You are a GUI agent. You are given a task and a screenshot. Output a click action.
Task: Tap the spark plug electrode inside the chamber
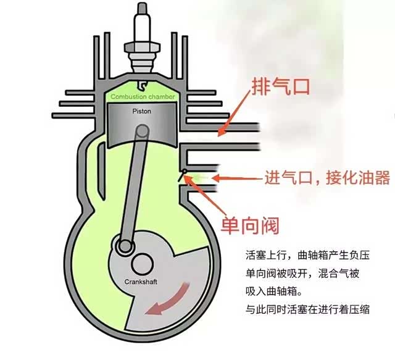142,85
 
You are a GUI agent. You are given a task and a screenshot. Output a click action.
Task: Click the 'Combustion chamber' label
143,97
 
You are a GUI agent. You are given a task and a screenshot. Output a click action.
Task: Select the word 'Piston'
142,111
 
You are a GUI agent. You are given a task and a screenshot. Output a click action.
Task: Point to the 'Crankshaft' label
141,282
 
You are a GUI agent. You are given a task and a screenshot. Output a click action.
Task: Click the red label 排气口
280,86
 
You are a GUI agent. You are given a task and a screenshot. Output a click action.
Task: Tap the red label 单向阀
250,225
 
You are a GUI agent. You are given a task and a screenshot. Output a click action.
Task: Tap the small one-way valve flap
183,175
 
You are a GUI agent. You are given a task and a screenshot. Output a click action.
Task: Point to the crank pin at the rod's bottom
125,245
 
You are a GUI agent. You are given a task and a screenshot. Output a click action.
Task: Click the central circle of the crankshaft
142,264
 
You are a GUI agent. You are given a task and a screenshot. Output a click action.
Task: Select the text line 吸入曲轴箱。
274,291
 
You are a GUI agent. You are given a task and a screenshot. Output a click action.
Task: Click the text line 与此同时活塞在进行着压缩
307,309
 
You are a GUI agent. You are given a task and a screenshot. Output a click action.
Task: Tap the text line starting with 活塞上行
307,255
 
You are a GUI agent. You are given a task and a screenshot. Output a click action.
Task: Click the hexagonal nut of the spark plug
142,48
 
